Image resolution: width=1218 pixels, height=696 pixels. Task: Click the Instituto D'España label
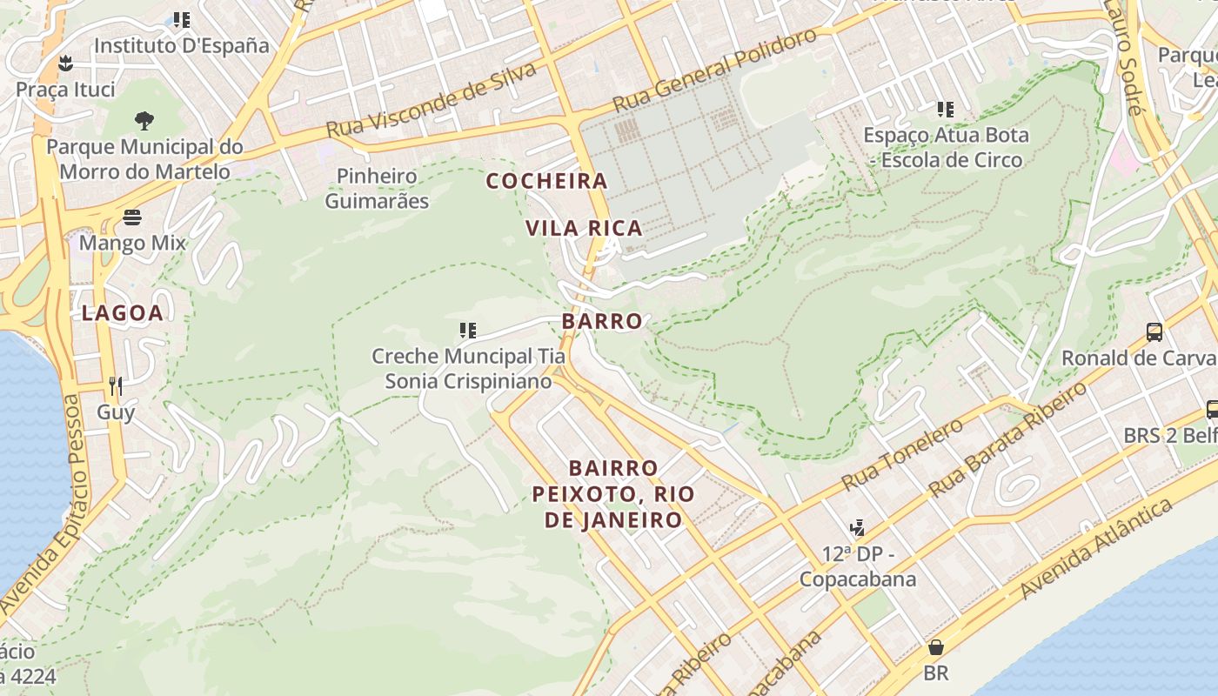[x=181, y=45]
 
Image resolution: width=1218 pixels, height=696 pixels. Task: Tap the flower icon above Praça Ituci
[x=65, y=63]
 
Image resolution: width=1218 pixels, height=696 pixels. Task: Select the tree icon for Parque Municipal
[x=144, y=120]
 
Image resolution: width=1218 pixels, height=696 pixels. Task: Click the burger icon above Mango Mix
[x=132, y=217]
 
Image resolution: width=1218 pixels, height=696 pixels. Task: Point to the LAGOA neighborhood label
[x=123, y=313]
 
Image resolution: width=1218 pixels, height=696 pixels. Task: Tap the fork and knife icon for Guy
[x=116, y=385]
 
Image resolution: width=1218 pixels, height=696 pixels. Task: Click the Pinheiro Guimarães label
[x=377, y=189]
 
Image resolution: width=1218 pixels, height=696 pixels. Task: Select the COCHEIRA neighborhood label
[x=546, y=181]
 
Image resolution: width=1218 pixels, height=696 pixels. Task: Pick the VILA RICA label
[x=584, y=228]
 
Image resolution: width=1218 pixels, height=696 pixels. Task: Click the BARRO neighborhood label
[x=602, y=321]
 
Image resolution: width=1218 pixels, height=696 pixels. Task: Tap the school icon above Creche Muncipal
[x=468, y=331]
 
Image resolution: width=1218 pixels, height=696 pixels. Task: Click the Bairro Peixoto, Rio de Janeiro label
[x=613, y=494]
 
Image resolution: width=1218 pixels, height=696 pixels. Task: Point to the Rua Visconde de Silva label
[x=431, y=101]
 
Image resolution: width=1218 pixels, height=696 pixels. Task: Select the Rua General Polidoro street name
[x=715, y=70]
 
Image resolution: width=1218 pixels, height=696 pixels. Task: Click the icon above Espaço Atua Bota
[x=946, y=110]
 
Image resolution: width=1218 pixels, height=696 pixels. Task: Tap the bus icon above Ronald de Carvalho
[x=1154, y=331]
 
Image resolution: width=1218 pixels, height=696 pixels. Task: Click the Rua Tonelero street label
[x=902, y=455]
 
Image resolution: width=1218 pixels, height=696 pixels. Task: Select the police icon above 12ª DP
[x=857, y=528]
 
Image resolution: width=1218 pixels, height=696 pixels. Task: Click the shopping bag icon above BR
[x=936, y=647]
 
